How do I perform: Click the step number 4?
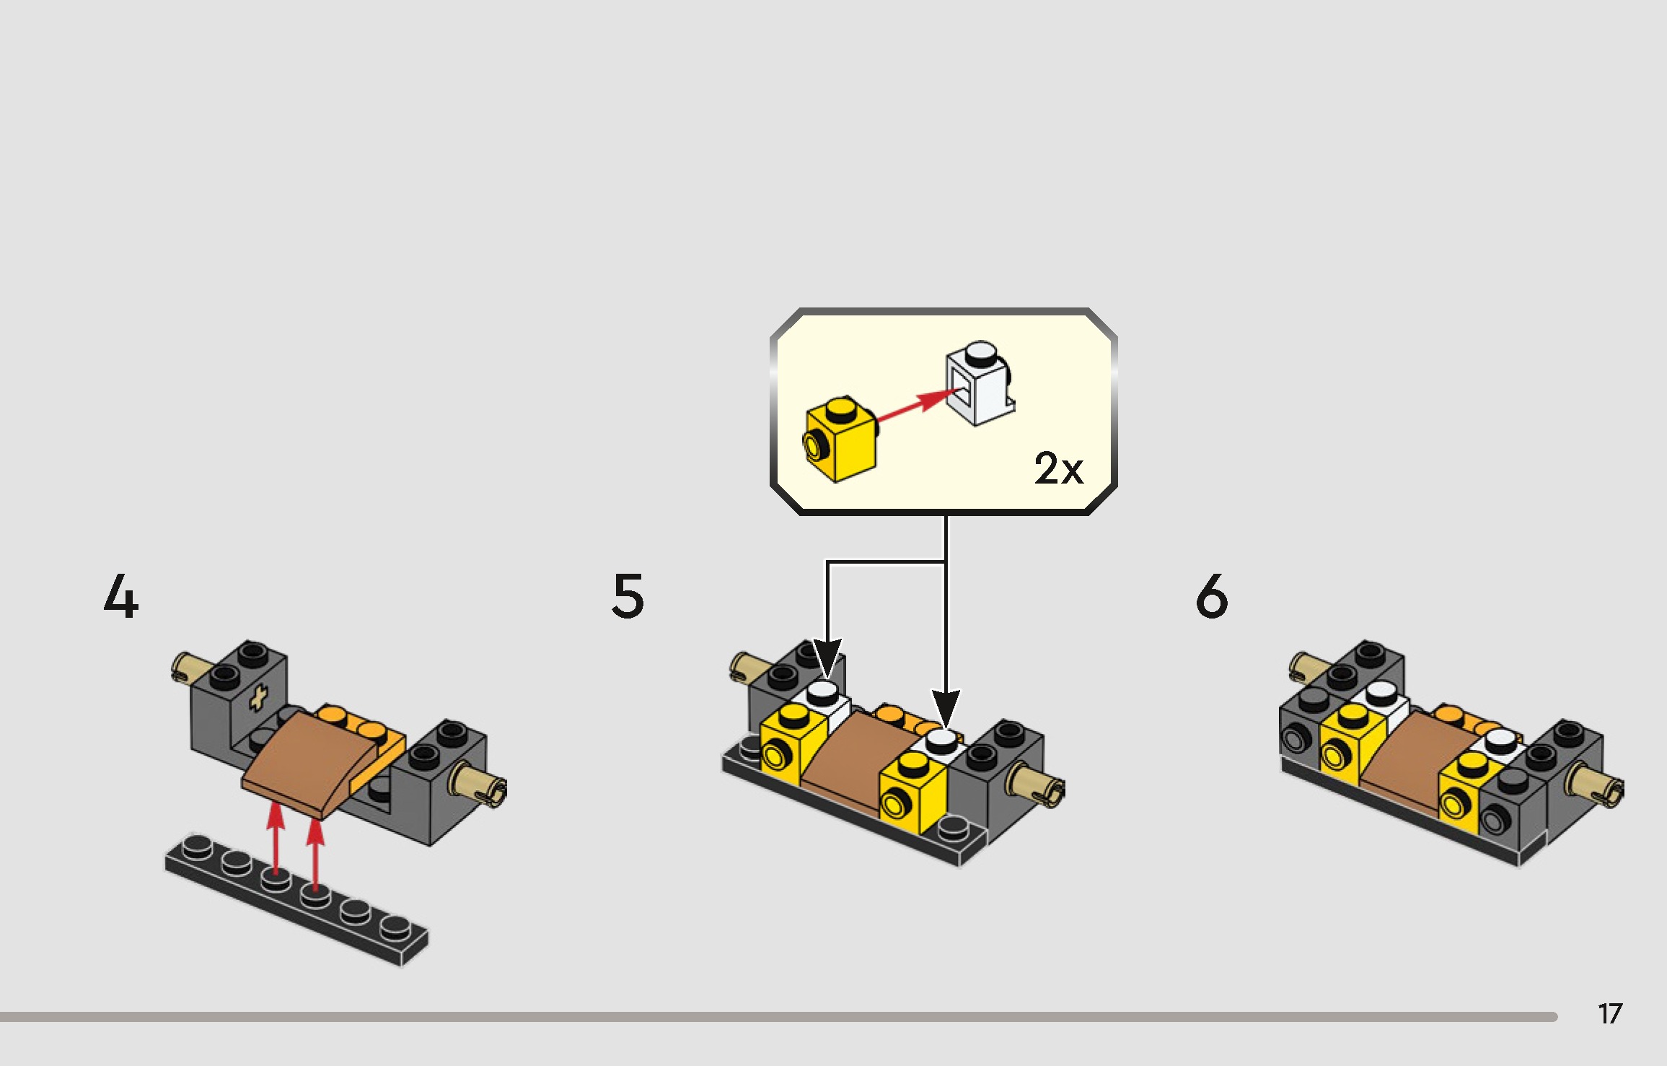point(121,596)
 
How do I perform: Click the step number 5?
point(628,596)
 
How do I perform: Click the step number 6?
point(1211,596)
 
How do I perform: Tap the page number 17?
point(1610,1014)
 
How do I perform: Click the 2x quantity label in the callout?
point(1058,468)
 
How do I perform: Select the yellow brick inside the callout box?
point(841,439)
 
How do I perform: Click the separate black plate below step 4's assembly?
point(296,899)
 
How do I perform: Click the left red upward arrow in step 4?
point(275,840)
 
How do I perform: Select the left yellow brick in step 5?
point(793,744)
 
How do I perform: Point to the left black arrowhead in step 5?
point(827,657)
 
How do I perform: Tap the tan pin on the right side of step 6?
point(1596,785)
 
